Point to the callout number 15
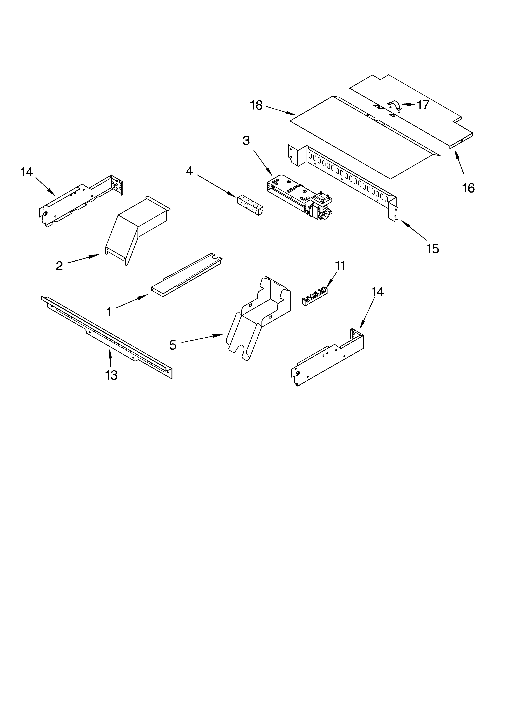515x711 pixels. tap(433, 249)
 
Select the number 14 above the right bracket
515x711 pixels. tap(377, 292)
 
